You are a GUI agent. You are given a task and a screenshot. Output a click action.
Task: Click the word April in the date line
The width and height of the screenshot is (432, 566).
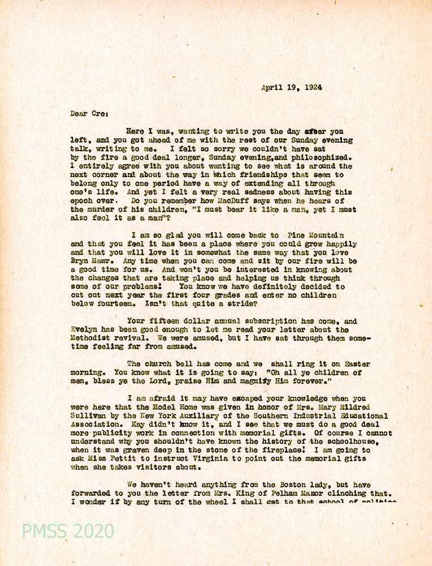[272, 88]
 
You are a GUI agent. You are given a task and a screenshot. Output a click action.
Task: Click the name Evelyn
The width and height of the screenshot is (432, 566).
[84, 329]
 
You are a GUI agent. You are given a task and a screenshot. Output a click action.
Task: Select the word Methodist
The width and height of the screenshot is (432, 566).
[91, 338]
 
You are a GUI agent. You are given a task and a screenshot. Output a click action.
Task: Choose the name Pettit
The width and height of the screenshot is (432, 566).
[121, 458]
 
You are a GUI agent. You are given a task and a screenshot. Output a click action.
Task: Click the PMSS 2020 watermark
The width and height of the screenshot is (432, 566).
[68, 531]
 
